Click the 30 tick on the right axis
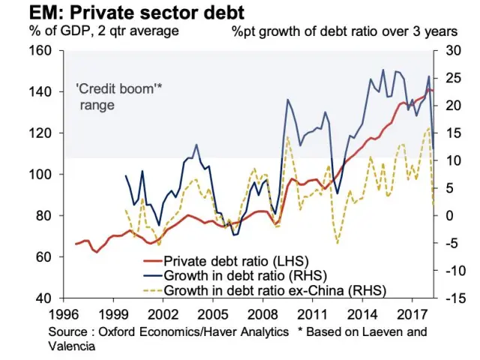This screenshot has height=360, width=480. coord(451,51)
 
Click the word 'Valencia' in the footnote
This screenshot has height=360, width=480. coord(70,346)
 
